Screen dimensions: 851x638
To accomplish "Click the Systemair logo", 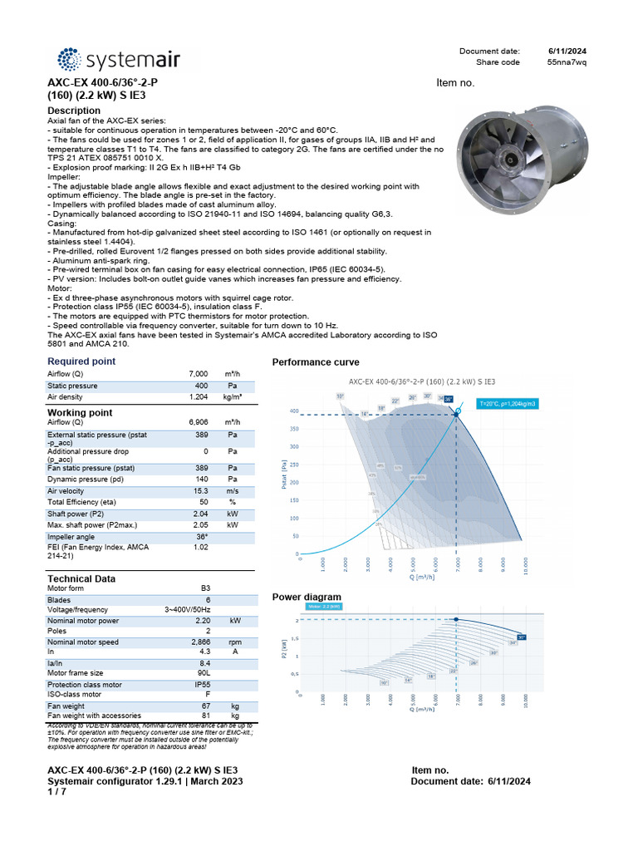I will (117, 59).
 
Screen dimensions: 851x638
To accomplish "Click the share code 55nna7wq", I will (567, 62).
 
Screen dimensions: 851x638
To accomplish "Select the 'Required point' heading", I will (81, 362).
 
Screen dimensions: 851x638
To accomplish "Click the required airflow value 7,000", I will (198, 375).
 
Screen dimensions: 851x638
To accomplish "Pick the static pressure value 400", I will (201, 386).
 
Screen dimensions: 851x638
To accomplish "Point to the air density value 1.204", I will (197, 398).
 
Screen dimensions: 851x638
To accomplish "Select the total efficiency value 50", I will (203, 502).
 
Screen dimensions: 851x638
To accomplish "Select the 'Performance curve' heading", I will (316, 362).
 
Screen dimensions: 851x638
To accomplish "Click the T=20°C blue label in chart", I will (508, 403).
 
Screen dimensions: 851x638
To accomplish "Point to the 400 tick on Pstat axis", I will (293, 411).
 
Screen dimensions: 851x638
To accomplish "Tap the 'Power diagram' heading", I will (307, 597).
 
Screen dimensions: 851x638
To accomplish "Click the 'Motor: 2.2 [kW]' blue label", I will (324, 608).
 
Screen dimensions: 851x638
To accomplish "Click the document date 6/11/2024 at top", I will (568, 52).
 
